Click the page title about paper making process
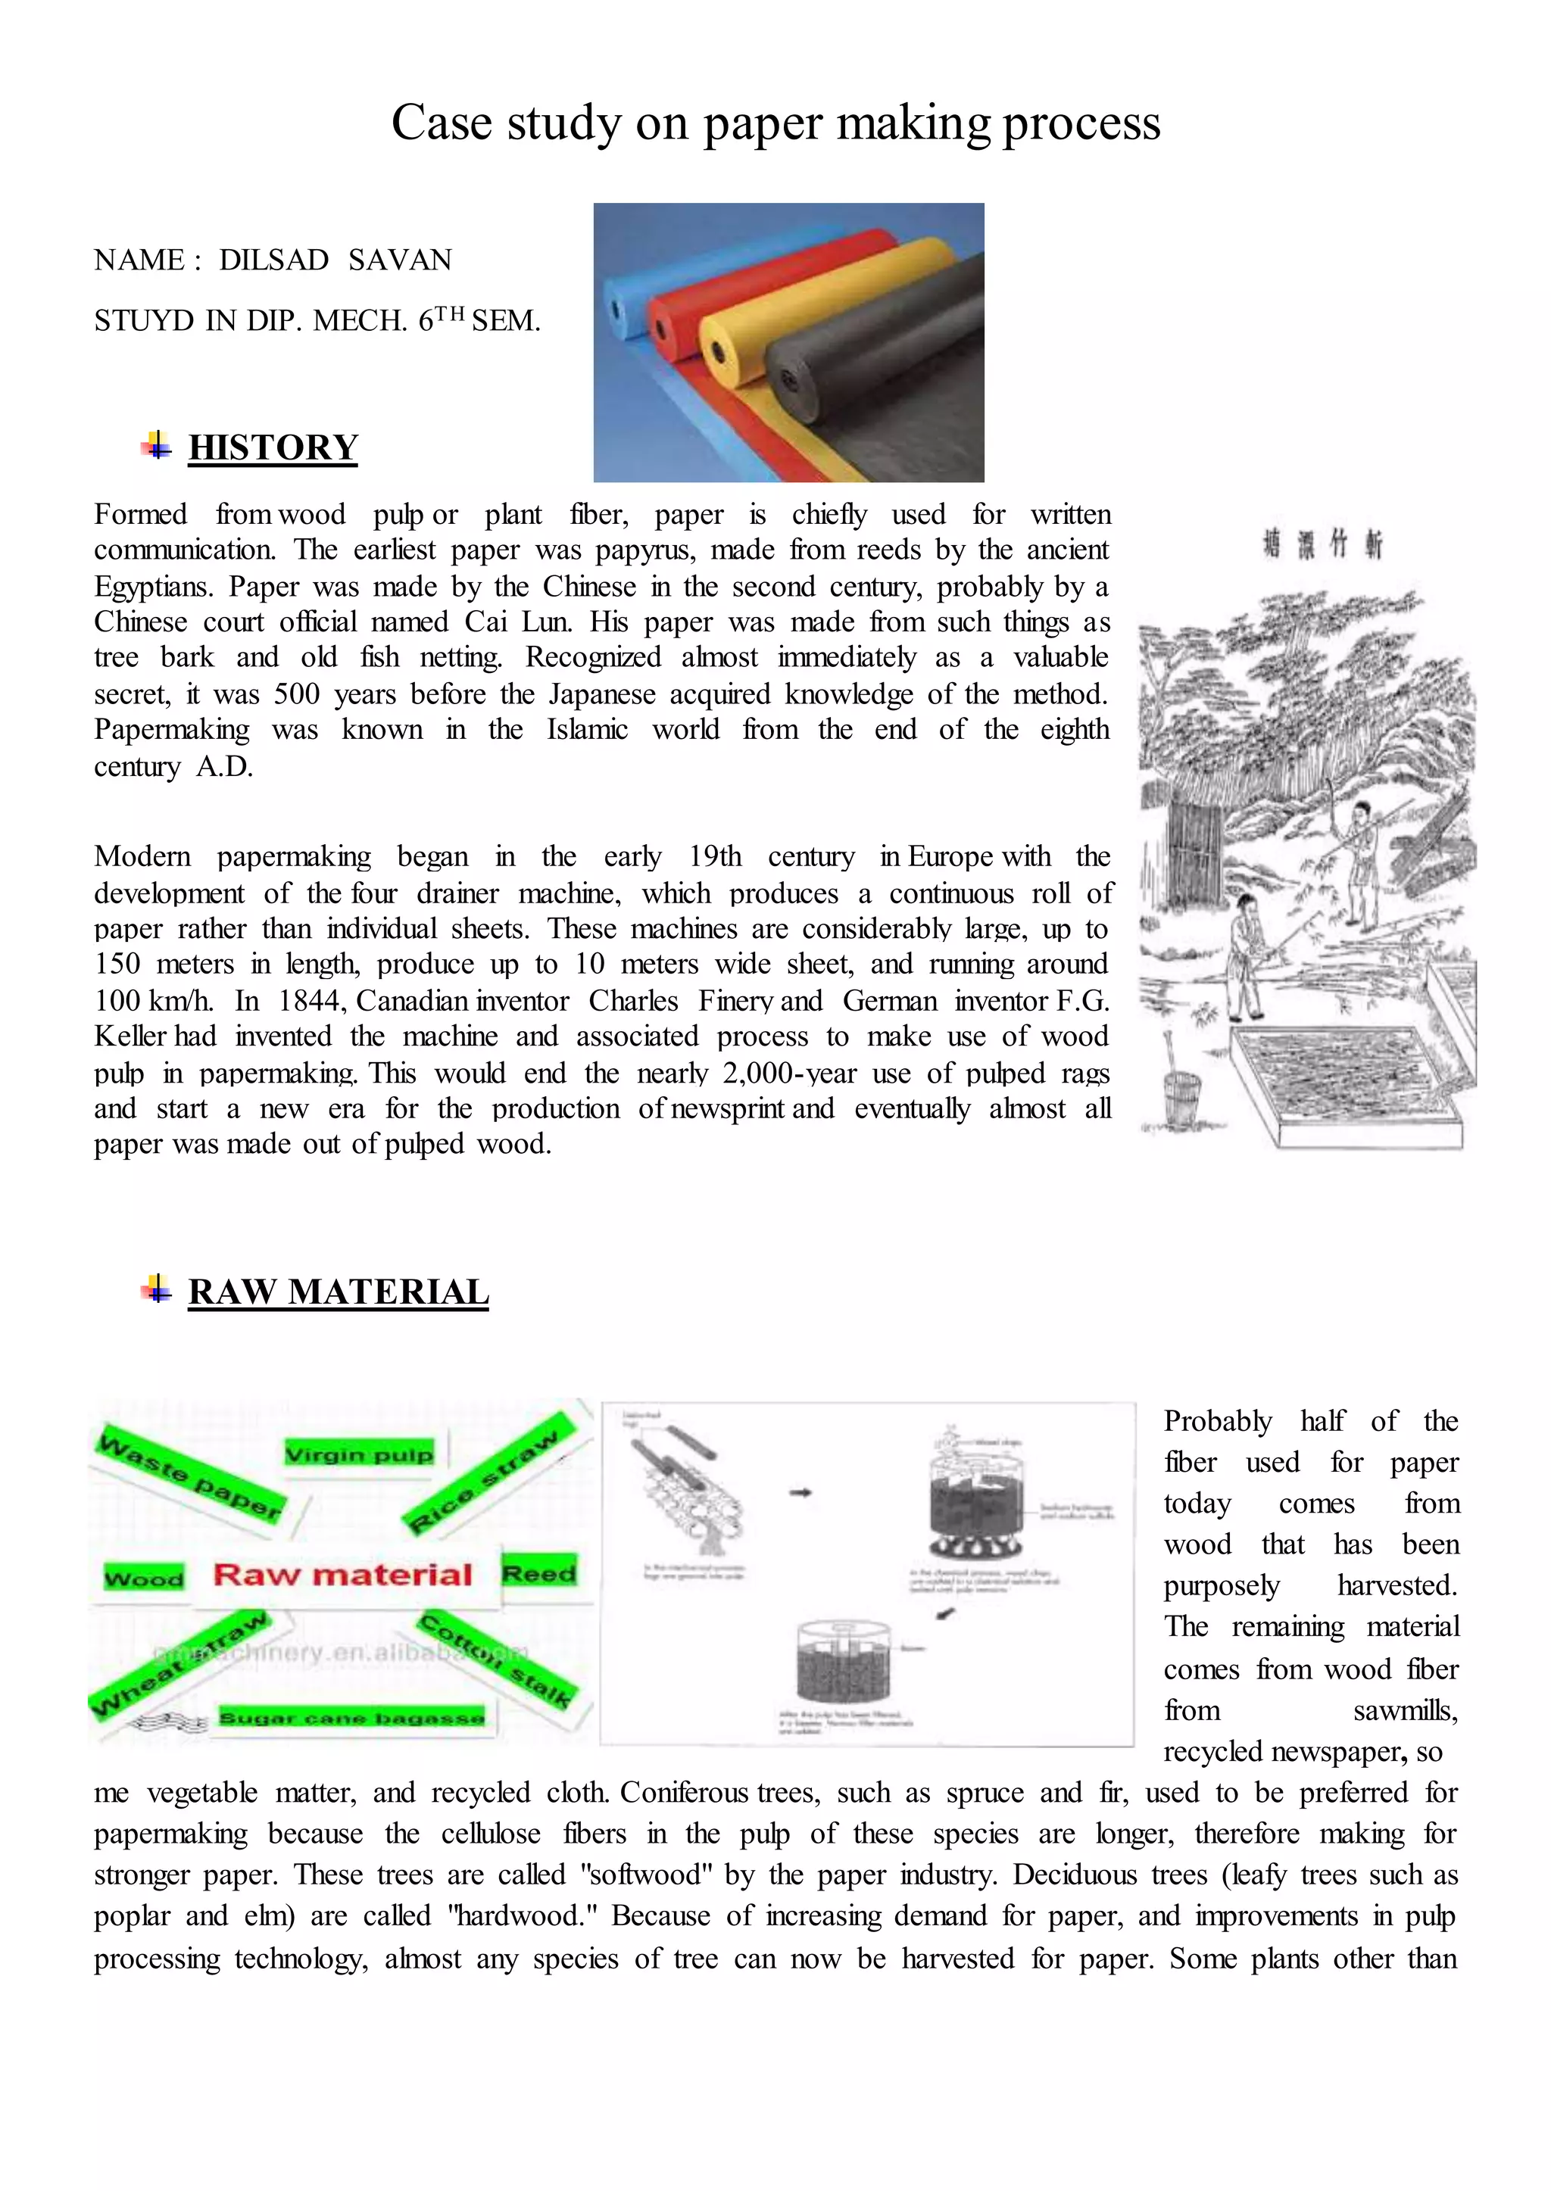click(775, 123)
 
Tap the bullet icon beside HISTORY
click(156, 445)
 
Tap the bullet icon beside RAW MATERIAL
click(156, 1290)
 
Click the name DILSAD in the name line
click(273, 260)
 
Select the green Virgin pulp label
click(359, 1454)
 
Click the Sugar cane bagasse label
click(351, 1718)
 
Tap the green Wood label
click(144, 1578)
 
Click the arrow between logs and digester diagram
click(801, 1492)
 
